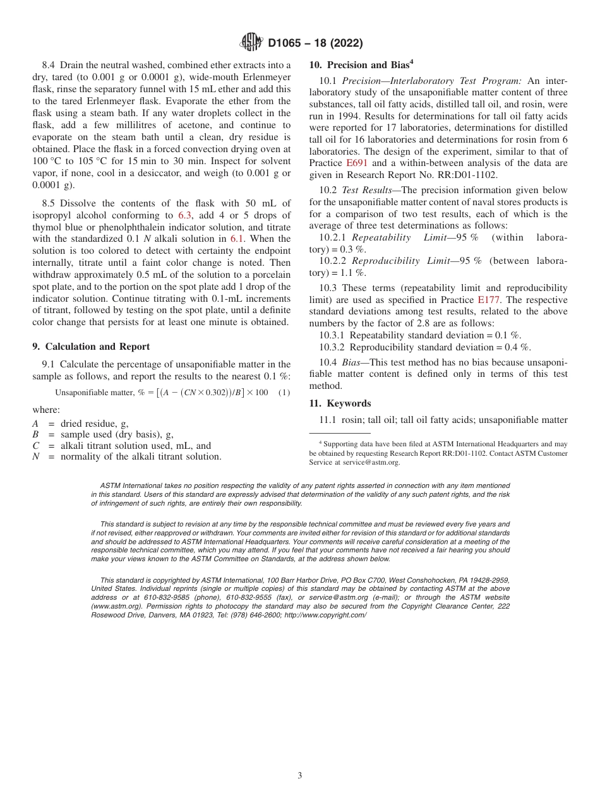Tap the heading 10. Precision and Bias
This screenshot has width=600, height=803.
361,64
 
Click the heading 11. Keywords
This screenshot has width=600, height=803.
340,403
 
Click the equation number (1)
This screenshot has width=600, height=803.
284,393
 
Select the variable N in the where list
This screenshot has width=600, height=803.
35,456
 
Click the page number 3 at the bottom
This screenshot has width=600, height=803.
300,775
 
